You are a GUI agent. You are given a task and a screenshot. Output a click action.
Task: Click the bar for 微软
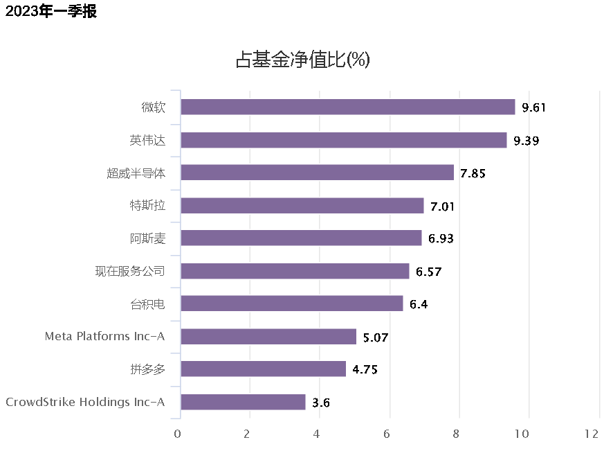point(347,107)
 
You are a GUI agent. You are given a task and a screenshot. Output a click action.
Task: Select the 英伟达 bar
point(343,140)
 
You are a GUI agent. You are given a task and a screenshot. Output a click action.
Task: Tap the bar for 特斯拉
point(302,206)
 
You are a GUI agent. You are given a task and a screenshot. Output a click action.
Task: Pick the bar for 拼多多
point(263,369)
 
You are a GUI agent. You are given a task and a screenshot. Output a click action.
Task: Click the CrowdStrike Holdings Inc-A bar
point(243,402)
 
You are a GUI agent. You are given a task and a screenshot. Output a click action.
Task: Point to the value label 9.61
point(535,107)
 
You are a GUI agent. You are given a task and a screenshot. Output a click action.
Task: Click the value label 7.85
point(473,173)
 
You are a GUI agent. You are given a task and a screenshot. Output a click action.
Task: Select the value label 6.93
point(441,239)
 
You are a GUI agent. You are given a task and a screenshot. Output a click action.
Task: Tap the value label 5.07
point(376,337)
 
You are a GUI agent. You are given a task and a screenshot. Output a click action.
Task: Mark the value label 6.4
point(419,304)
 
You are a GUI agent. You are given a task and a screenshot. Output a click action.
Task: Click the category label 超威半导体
point(136,173)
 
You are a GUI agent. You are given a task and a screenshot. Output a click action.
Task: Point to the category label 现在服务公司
point(130,271)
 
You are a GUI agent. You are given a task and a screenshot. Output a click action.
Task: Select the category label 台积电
point(147,303)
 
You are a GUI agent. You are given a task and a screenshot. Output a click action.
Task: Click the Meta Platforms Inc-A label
point(105,337)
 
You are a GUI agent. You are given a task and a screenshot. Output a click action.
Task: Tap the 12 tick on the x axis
point(592,434)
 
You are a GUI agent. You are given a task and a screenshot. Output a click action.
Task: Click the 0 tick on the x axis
point(178,434)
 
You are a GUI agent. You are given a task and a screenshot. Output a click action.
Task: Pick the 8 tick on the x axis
point(457,434)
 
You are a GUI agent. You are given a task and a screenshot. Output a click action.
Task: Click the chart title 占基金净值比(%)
point(303,60)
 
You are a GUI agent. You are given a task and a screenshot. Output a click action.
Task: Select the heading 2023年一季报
point(51,11)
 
